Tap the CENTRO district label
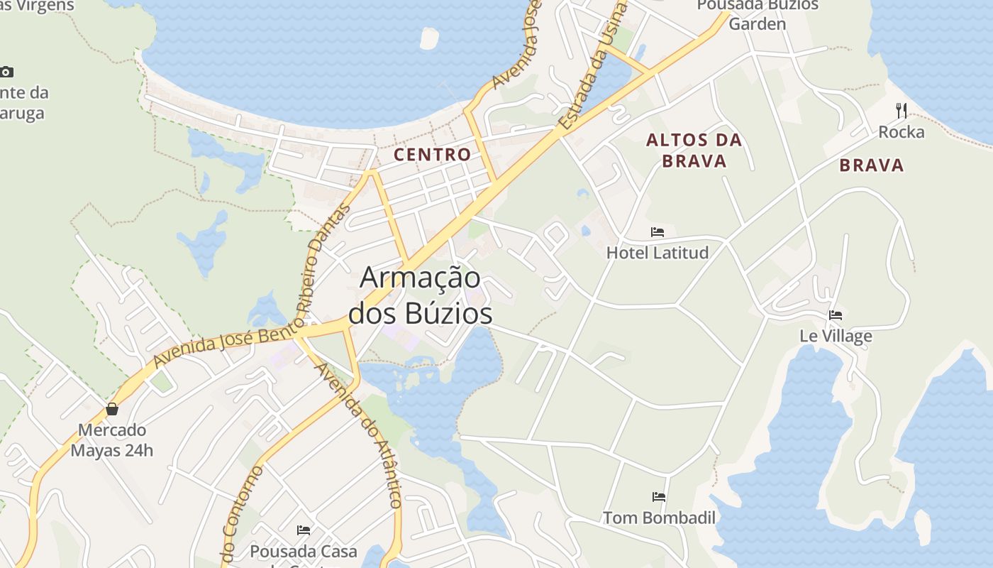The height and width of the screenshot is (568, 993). click(x=432, y=154)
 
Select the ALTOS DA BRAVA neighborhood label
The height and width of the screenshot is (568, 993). click(x=694, y=151)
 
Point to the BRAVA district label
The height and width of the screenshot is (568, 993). click(x=872, y=165)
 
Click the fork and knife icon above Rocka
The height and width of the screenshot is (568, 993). click(x=902, y=110)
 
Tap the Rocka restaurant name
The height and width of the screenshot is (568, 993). click(x=902, y=132)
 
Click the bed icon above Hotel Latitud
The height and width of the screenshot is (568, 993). click(x=658, y=232)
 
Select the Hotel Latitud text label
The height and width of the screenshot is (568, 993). click(x=658, y=253)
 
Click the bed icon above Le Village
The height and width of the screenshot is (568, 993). click(x=836, y=315)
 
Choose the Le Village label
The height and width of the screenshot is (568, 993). click(x=836, y=336)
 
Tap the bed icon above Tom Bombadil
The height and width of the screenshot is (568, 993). click(x=659, y=497)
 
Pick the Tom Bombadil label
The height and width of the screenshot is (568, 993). click(x=659, y=518)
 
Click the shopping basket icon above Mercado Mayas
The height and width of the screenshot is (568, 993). click(x=111, y=409)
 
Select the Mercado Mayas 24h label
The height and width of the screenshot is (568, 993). click(x=111, y=440)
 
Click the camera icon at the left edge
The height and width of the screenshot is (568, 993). click(x=6, y=72)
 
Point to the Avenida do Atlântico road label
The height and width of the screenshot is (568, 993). click(x=359, y=435)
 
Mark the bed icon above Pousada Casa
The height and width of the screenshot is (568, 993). click(x=304, y=530)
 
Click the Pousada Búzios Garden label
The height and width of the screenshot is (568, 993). click(x=758, y=14)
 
